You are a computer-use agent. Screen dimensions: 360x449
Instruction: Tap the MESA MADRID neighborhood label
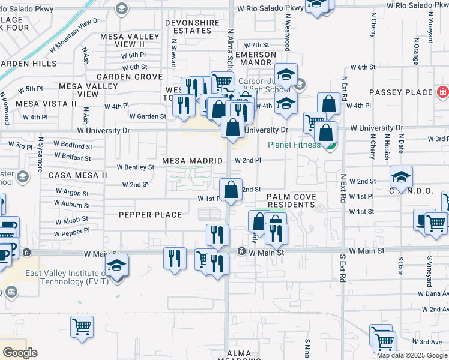tap(193, 161)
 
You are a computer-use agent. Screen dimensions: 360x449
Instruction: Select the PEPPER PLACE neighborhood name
tap(150, 215)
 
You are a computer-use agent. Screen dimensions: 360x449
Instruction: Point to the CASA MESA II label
tap(77, 175)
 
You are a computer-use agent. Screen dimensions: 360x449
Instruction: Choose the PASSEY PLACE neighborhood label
tap(401, 92)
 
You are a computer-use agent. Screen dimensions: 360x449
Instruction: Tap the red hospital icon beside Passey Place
tap(442, 92)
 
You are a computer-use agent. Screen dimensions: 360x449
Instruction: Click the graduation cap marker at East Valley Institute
tap(116, 266)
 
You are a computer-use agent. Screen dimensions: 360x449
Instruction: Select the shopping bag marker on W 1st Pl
tap(231, 190)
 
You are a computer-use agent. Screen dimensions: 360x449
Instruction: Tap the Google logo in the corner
tap(20, 353)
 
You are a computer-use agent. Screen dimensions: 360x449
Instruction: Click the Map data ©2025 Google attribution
tap(412, 355)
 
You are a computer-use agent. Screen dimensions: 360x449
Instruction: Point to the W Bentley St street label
tap(135, 167)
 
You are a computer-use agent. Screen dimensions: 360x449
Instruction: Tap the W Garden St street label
tap(148, 116)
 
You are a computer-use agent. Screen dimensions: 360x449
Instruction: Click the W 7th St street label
tap(257, 45)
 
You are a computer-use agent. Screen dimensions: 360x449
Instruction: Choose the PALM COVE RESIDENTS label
tap(291, 200)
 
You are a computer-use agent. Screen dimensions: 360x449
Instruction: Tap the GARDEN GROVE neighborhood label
tap(130, 77)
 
